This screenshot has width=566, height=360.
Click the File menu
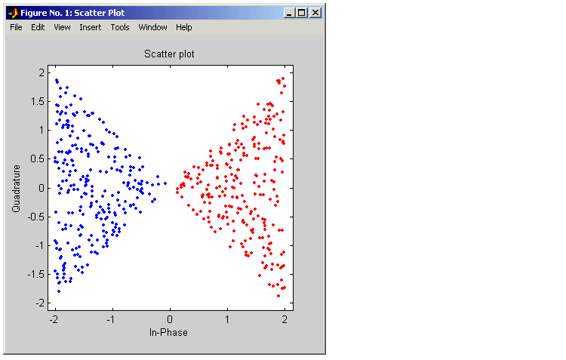(x=16, y=27)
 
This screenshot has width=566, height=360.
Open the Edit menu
(x=38, y=27)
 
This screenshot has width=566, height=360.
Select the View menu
(x=62, y=27)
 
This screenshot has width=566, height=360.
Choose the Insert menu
(x=91, y=27)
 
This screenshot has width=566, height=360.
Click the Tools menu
(x=120, y=27)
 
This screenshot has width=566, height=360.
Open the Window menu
(x=152, y=27)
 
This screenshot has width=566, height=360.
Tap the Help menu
(x=183, y=27)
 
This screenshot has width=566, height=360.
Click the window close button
(x=315, y=13)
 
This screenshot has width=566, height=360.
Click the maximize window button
(x=302, y=13)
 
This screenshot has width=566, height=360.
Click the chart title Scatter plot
(x=169, y=54)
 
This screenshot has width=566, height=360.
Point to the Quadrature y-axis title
(x=16, y=189)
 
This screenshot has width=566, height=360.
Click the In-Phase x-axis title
(x=168, y=333)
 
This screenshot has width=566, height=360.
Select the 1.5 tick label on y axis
(x=38, y=101)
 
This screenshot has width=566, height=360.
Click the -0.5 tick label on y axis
(x=36, y=217)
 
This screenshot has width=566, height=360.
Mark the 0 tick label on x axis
(x=170, y=319)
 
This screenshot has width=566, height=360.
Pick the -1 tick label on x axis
(x=111, y=319)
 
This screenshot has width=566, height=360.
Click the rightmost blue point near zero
(x=165, y=183)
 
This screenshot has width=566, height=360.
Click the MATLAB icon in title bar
(x=14, y=13)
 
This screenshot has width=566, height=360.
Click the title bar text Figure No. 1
(x=45, y=13)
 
